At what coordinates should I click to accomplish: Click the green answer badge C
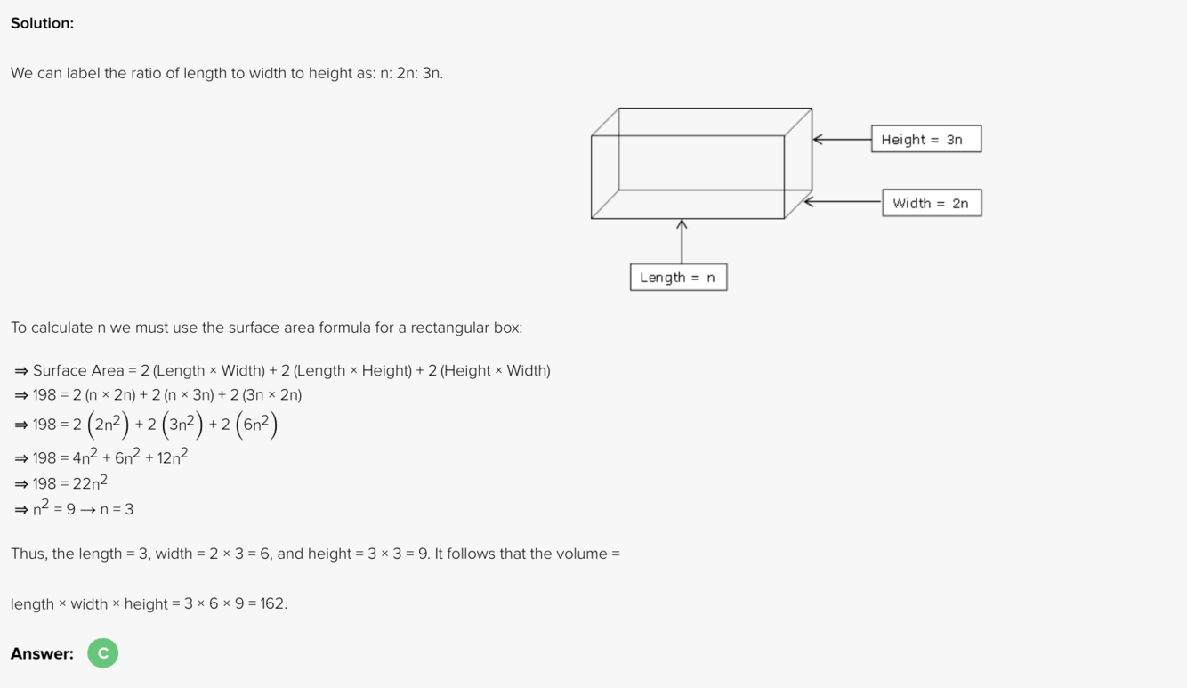click(102, 653)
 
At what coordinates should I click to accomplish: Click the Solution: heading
click(42, 23)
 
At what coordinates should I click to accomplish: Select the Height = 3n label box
click(925, 140)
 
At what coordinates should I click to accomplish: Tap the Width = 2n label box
click(931, 203)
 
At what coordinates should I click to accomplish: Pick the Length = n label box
click(678, 278)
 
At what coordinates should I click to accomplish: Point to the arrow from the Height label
click(842, 140)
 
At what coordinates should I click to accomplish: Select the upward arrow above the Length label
click(682, 241)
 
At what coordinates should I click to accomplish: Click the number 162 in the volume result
click(271, 604)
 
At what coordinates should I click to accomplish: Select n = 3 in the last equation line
click(117, 510)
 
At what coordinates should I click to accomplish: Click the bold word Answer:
click(42, 654)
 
